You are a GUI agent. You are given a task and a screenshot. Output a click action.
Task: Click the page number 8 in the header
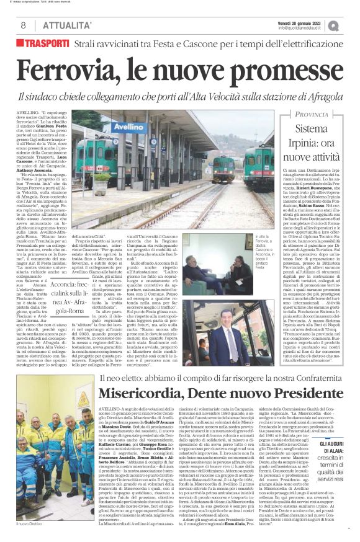(x=23, y=25)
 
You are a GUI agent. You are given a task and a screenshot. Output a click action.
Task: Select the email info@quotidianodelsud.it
(x=303, y=28)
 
